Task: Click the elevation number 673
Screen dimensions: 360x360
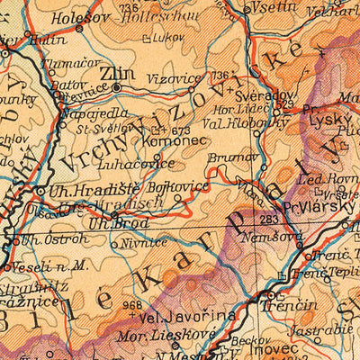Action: click(181, 131)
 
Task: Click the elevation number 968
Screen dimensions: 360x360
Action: click(132, 304)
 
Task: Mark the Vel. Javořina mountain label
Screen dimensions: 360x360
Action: click(187, 315)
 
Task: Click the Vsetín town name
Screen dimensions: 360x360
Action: click(276, 6)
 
